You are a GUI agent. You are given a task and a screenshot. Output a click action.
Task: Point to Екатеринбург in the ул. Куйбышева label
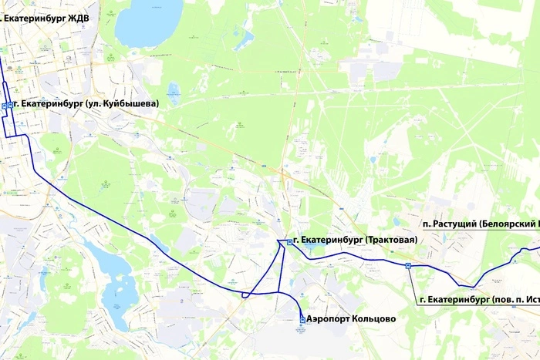52,103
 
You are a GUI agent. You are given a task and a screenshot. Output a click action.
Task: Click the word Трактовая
390,241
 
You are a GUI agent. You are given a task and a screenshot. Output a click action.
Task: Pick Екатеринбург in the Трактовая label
331,241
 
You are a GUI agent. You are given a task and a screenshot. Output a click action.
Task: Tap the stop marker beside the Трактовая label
289,242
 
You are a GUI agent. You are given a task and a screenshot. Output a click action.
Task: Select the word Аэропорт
325,318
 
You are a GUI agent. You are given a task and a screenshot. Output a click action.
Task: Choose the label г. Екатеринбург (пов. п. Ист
478,298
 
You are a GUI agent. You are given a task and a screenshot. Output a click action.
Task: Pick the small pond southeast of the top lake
174,90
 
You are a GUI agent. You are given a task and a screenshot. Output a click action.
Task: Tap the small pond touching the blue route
158,244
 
